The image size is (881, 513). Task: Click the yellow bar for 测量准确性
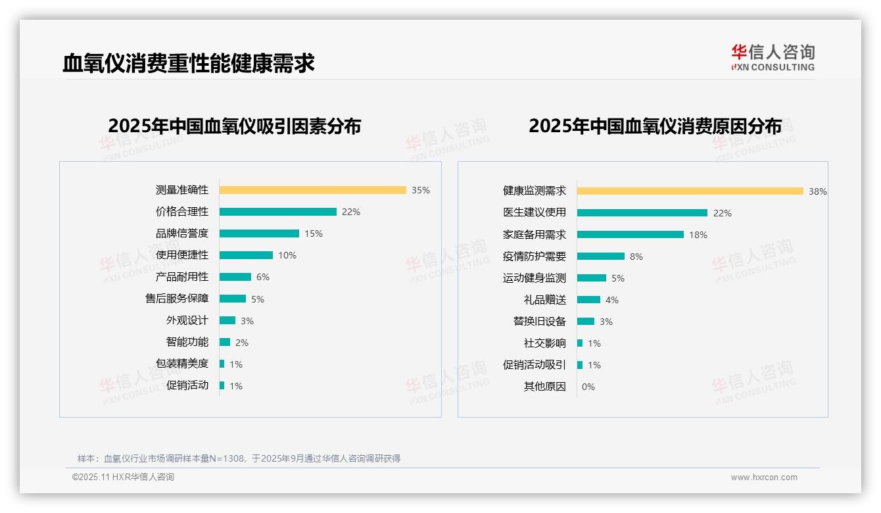[312, 190]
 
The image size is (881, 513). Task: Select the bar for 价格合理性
[277, 212]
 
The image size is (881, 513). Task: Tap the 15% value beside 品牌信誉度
[314, 233]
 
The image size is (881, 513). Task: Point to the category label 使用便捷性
[182, 255]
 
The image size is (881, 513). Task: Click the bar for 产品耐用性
[235, 277]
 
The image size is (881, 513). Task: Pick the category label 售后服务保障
[177, 299]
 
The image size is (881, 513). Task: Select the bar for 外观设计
[227, 320]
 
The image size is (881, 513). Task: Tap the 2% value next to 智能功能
[242, 343]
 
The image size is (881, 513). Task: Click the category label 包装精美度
[182, 364]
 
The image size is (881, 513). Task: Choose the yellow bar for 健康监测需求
[690, 191]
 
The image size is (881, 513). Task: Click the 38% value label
[818, 191]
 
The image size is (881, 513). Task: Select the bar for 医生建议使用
[642, 212]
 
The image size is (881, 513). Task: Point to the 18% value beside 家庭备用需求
[698, 235]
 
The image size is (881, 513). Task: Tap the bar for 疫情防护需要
[600, 256]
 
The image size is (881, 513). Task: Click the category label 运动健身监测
[535, 278]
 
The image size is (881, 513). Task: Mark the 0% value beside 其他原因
[588, 387]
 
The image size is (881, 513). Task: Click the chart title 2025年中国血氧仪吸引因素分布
[235, 126]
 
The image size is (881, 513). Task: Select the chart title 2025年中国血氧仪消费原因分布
[655, 126]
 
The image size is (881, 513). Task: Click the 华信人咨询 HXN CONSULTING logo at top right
[773, 57]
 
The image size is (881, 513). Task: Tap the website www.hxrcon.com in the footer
[764, 477]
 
